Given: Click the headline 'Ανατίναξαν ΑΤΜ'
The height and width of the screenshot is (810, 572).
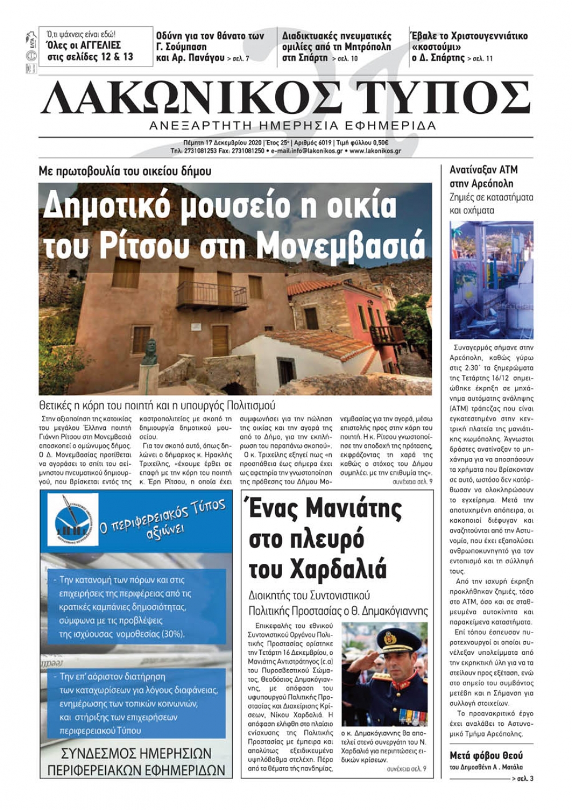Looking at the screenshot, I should [x=483, y=170].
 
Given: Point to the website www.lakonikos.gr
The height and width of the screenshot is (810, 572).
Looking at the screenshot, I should [x=375, y=151].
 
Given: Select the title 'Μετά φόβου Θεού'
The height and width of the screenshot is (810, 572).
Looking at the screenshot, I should [x=486, y=755].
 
